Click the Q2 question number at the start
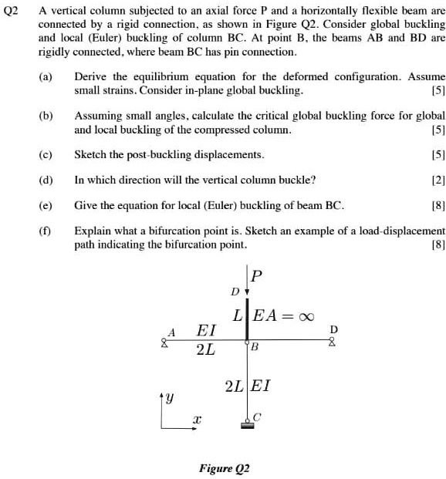11,12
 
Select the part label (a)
47,77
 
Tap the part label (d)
47,180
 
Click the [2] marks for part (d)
438,180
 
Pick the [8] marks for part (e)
438,206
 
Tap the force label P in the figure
258,275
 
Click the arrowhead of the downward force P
247,292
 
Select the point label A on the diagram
172,332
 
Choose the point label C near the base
258,417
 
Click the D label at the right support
333,329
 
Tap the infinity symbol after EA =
306,315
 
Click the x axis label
197,421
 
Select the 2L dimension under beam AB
206,350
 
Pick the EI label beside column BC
262,385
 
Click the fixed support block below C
247,427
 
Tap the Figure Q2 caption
225,467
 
